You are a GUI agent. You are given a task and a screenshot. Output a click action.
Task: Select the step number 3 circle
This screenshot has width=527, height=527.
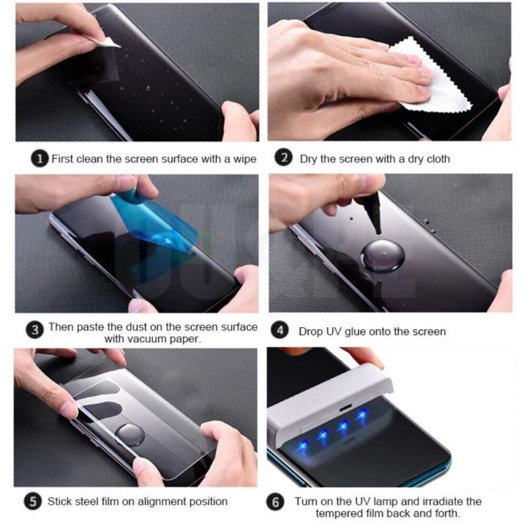coord(34,331)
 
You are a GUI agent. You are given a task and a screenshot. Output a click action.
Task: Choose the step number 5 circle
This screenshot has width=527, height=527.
coord(31,501)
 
